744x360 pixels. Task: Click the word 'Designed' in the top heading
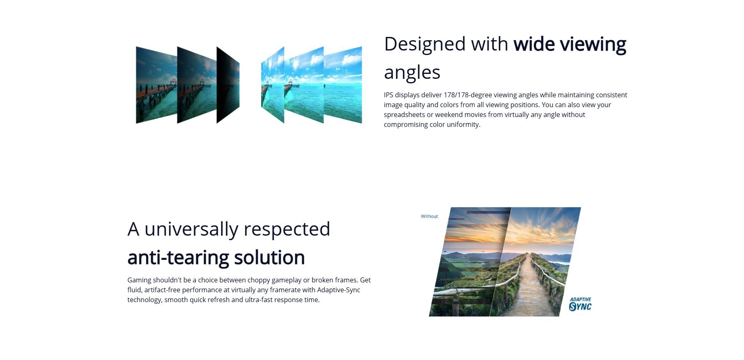pos(425,44)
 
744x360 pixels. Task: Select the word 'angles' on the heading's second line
pos(412,72)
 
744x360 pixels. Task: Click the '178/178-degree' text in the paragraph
pos(468,95)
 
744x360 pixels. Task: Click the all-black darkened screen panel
pos(228,85)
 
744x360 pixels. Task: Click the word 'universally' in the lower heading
pos(191,229)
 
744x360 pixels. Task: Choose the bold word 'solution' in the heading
pos(269,258)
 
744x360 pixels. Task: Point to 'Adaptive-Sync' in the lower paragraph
pos(339,290)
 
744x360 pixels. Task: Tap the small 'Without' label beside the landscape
pos(429,216)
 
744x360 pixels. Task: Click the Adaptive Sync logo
pos(580,304)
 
